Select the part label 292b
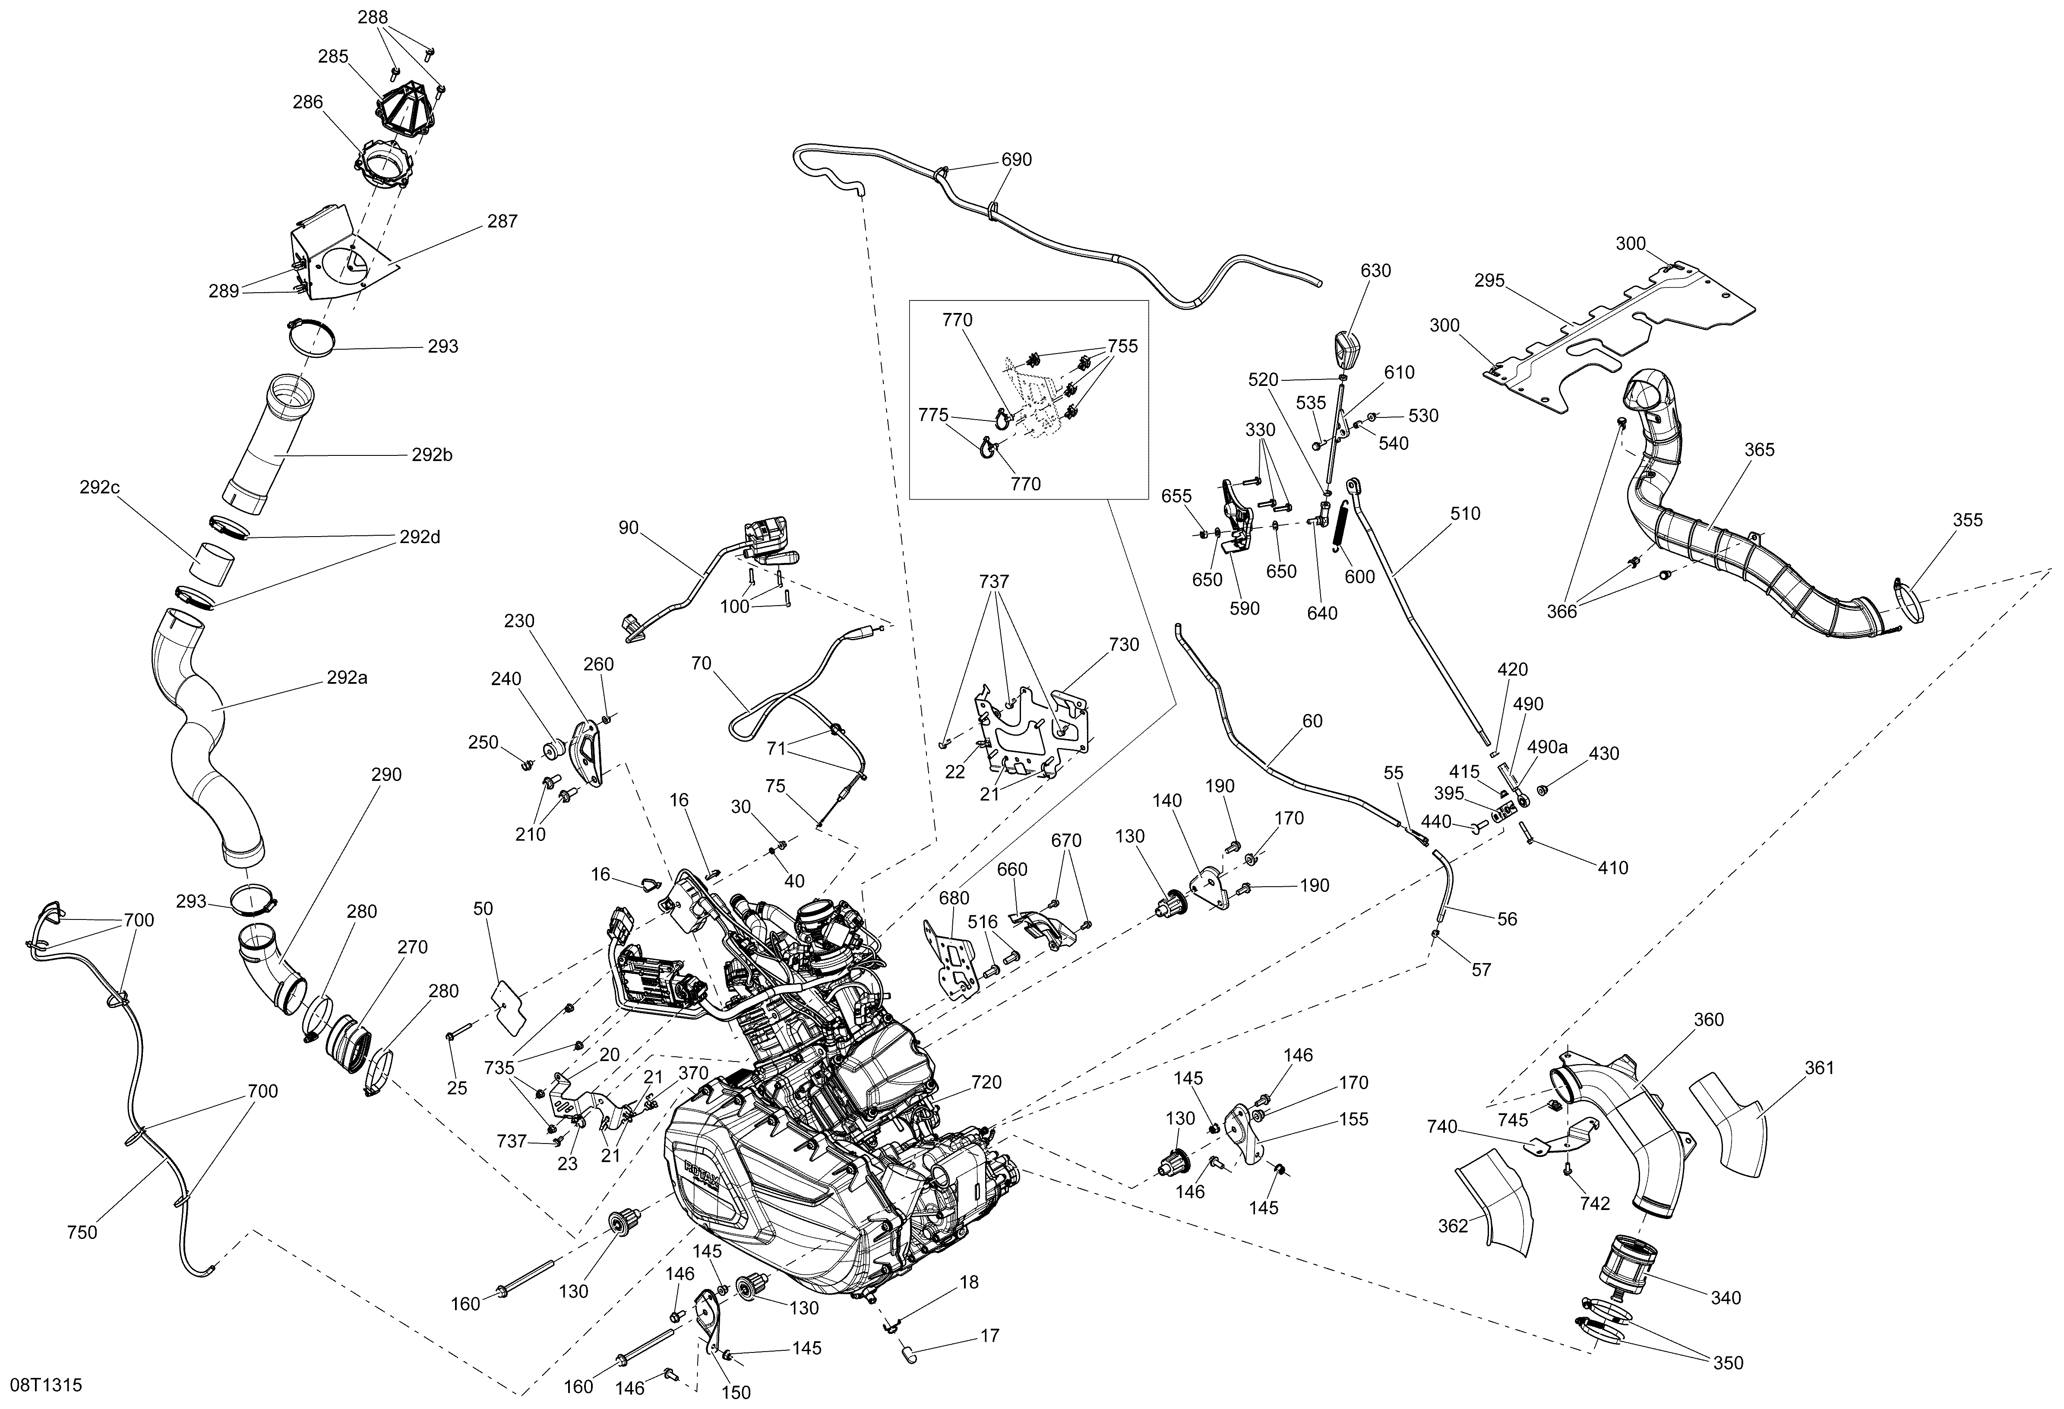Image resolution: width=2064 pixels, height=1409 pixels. (x=433, y=455)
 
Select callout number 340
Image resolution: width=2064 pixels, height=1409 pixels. (x=1726, y=1298)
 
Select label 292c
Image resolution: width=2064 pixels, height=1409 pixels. (x=99, y=487)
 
